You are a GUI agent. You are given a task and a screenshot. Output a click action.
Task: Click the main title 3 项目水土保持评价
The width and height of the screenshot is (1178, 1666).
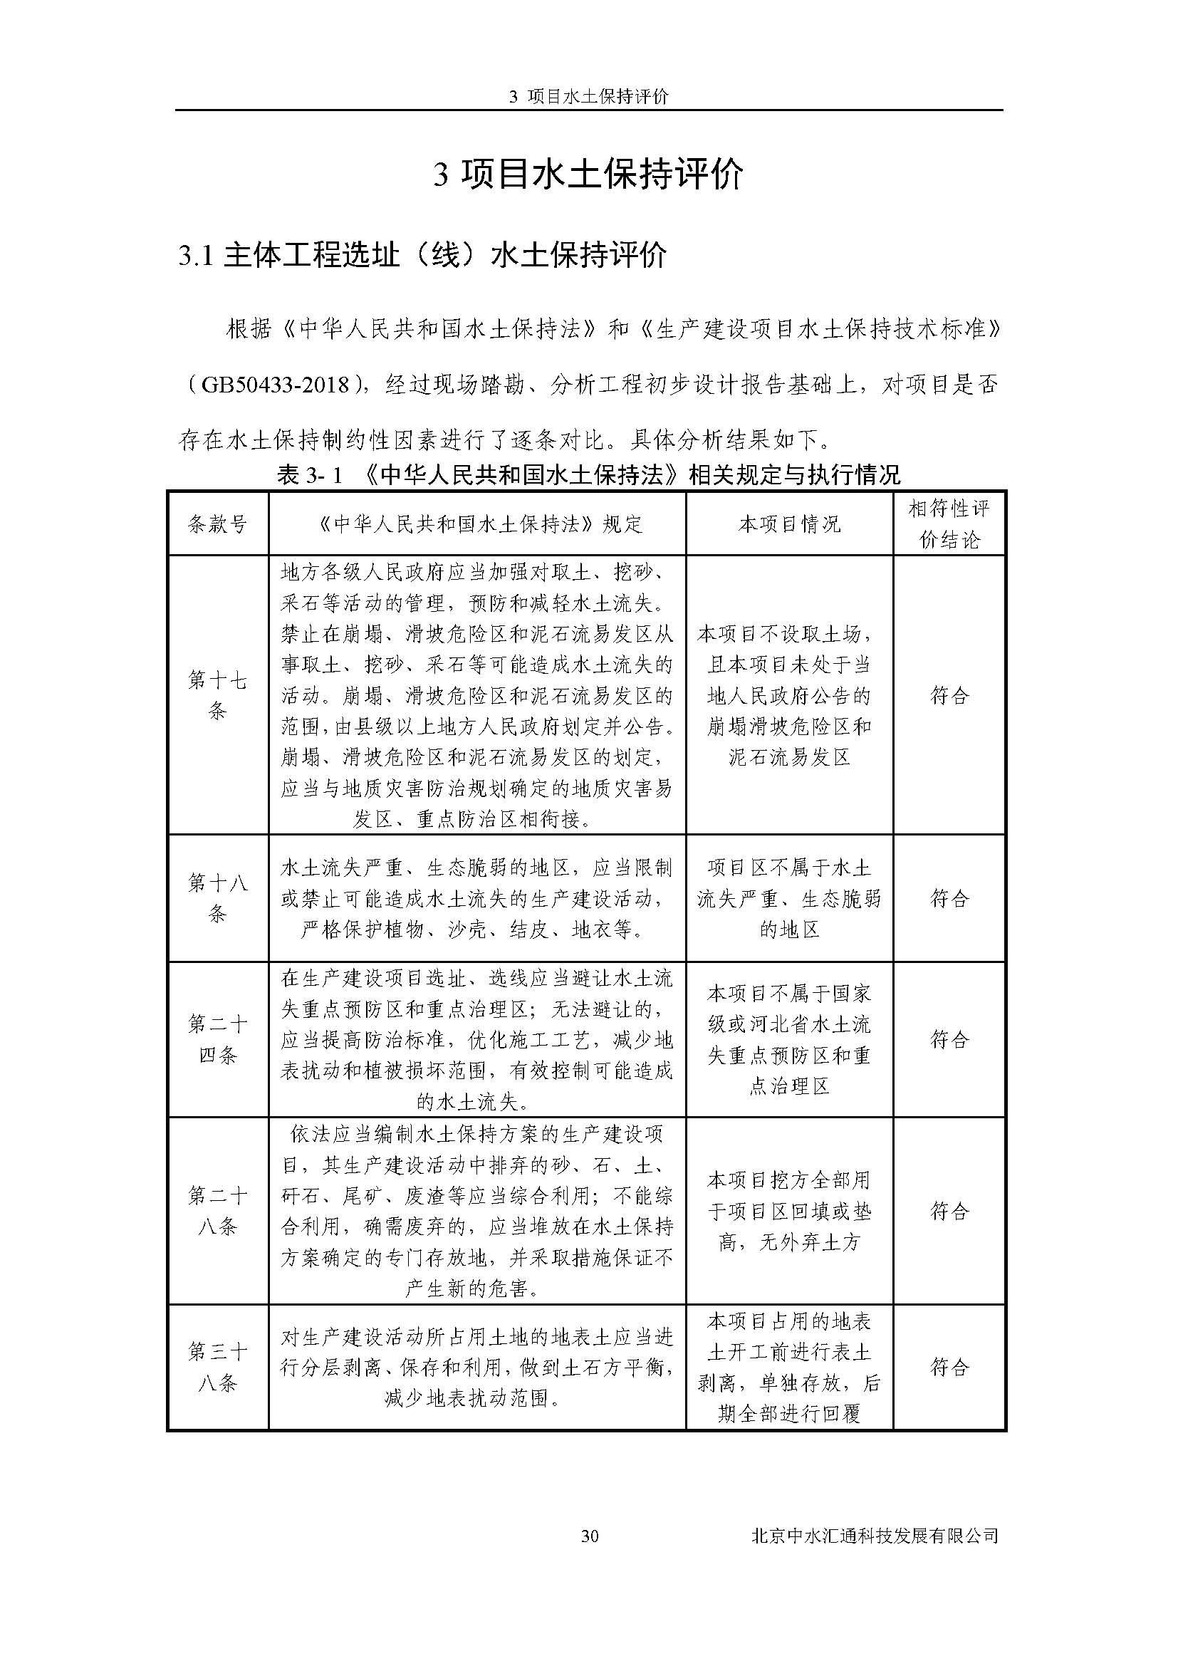(x=588, y=175)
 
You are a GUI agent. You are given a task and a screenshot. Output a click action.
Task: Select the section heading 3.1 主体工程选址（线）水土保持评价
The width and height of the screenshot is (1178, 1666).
(x=422, y=256)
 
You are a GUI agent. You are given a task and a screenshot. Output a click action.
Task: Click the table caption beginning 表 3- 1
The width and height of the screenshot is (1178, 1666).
(x=588, y=475)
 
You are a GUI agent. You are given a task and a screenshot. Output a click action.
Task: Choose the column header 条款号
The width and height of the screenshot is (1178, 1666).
(x=217, y=524)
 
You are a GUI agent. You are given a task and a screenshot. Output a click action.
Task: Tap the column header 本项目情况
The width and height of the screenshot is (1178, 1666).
(x=789, y=524)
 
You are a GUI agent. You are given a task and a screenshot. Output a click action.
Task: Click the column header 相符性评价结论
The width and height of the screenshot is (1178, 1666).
(x=949, y=524)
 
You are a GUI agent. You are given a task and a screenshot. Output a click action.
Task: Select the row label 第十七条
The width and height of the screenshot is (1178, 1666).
(x=217, y=695)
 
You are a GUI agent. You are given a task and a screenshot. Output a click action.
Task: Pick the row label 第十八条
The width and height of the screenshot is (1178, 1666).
(x=217, y=898)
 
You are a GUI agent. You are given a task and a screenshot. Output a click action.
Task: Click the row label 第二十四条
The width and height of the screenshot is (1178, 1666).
(x=217, y=1039)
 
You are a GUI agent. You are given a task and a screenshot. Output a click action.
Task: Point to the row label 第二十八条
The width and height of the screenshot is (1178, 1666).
(x=217, y=1211)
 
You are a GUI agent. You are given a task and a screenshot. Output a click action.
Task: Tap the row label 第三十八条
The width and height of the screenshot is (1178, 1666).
(x=217, y=1368)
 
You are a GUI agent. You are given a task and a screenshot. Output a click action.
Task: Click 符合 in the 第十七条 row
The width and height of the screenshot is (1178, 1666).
(x=949, y=696)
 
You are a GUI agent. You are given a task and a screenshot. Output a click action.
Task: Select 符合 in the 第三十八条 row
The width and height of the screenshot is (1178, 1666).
(x=949, y=1368)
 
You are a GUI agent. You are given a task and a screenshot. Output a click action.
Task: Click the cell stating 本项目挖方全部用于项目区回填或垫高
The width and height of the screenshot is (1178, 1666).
(x=789, y=1211)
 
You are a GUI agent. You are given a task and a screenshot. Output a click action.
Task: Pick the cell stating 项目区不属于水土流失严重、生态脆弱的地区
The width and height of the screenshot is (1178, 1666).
(x=789, y=898)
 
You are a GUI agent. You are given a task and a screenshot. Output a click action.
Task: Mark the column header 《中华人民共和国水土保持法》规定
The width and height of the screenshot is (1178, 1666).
(x=476, y=524)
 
